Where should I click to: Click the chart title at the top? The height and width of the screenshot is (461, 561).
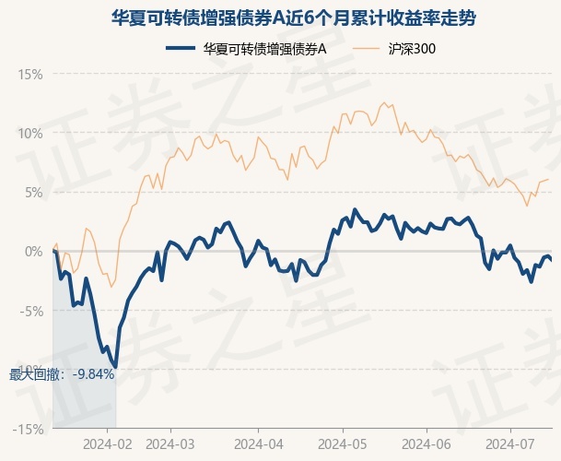[280, 18]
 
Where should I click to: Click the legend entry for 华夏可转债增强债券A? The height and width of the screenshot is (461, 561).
[265, 49]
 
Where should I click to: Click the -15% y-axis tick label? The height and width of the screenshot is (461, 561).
[29, 429]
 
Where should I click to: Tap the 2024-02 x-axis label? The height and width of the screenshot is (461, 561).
[107, 443]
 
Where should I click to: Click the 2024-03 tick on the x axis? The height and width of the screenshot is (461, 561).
[172, 443]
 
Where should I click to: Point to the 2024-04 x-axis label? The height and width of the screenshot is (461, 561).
[258, 443]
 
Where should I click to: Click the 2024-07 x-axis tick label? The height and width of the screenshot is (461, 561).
[511, 443]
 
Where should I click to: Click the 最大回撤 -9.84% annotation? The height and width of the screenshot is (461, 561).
[62, 373]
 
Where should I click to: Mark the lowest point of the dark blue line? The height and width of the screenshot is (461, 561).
[115, 367]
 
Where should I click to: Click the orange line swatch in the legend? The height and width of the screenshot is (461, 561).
[368, 49]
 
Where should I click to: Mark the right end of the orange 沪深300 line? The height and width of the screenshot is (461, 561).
[549, 179]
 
